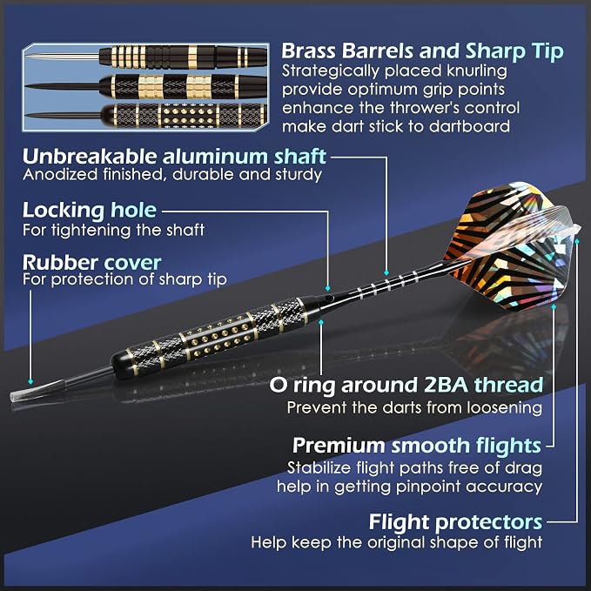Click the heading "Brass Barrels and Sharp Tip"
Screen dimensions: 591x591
pyautogui.click(x=422, y=51)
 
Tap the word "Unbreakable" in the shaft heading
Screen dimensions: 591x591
pyautogui.click(x=90, y=156)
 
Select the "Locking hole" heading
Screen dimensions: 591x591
pyautogui.click(x=90, y=211)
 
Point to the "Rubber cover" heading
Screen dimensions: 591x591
pyautogui.click(x=92, y=262)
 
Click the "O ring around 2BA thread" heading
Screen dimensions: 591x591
pyautogui.click(x=406, y=386)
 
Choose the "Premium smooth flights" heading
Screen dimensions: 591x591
pyautogui.click(x=417, y=446)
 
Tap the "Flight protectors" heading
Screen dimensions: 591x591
pyautogui.click(x=455, y=522)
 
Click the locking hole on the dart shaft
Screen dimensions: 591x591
pyautogui.click(x=330, y=299)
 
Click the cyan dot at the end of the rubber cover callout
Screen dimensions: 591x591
pyautogui.click(x=30, y=382)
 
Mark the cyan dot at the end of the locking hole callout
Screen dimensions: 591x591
pyautogui.click(x=327, y=288)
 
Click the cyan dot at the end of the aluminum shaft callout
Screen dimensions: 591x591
pyautogui.click(x=386, y=273)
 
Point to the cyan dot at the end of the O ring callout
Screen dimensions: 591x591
pyautogui.click(x=321, y=322)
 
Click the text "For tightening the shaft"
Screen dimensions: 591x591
pyautogui.click(x=113, y=230)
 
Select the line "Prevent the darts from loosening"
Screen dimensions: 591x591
pyautogui.click(x=414, y=407)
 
